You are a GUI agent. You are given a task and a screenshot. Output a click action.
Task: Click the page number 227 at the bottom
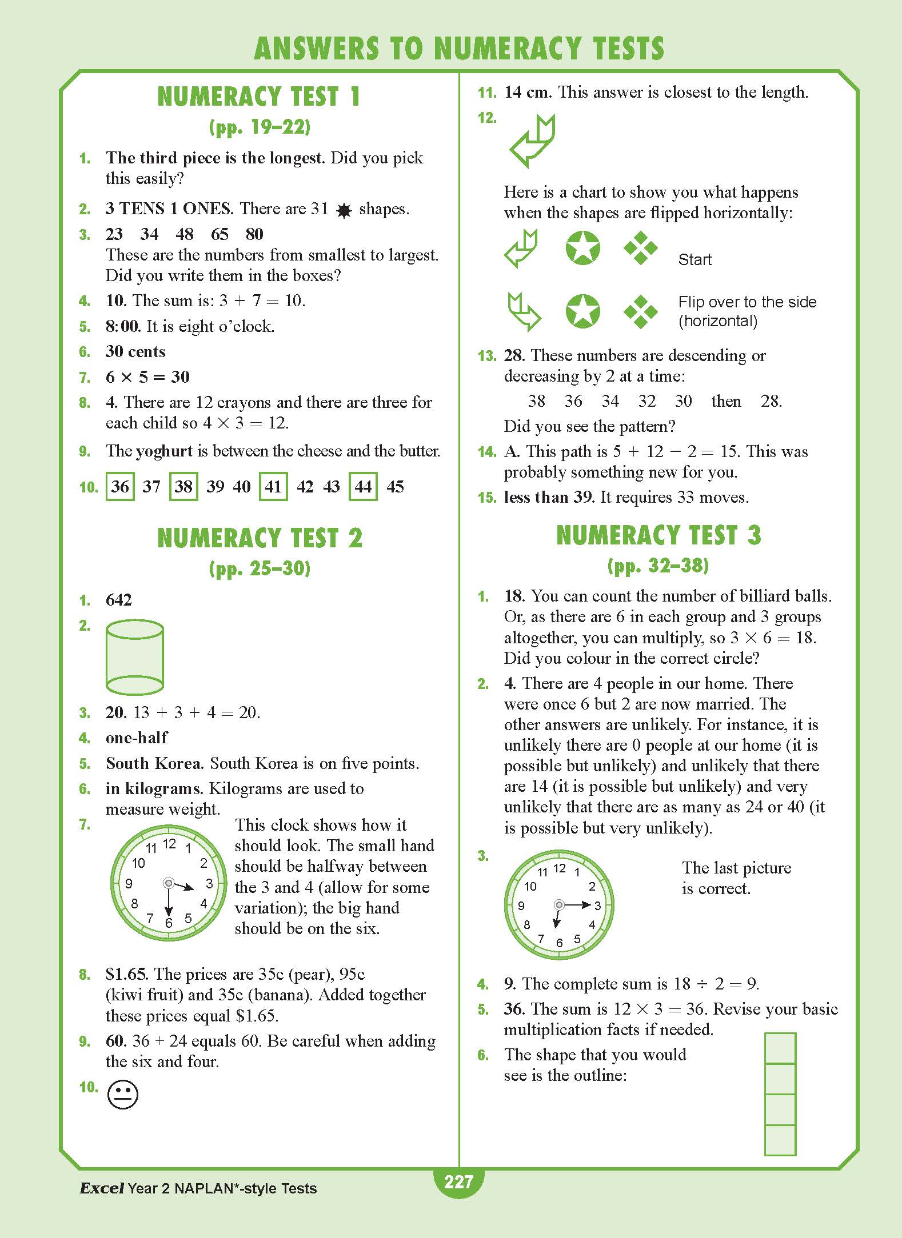[458, 1181]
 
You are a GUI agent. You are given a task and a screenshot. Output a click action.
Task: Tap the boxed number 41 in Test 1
[273, 487]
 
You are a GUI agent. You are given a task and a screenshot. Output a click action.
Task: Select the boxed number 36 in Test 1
[120, 487]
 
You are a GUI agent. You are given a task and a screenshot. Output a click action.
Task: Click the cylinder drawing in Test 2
[135, 657]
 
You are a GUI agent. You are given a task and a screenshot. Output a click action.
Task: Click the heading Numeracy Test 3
[658, 535]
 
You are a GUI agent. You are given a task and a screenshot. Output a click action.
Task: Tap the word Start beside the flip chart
[695, 260]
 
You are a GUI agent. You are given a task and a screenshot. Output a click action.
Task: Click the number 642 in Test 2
[119, 600]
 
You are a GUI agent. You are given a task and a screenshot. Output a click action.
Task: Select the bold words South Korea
[153, 763]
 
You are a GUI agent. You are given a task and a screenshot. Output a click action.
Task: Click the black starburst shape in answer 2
[344, 211]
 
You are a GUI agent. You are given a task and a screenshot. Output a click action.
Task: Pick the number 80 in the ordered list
[254, 234]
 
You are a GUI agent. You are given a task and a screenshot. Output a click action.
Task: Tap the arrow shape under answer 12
[532, 141]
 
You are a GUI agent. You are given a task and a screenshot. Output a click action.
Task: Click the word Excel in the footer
[102, 1188]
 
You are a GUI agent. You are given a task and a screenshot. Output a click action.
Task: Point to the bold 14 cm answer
[527, 92]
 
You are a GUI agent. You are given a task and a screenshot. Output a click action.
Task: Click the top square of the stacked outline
[780, 1048]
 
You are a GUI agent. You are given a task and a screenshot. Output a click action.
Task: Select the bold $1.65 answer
[126, 974]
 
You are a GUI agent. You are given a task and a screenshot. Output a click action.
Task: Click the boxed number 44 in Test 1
[363, 487]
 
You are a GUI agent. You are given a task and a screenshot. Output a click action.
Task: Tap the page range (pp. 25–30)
[260, 568]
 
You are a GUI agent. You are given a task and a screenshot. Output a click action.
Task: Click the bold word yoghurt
[165, 451]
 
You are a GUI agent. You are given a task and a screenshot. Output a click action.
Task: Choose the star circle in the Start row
[582, 249]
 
